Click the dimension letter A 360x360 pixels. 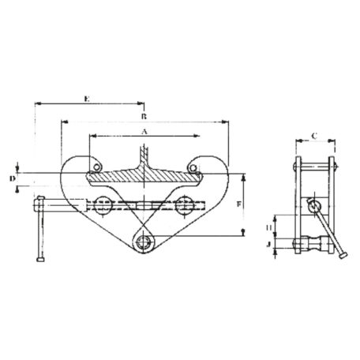[x=144, y=132]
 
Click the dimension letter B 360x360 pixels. [x=144, y=115]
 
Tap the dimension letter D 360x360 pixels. [x=13, y=179]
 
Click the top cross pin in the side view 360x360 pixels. [x=315, y=167]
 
